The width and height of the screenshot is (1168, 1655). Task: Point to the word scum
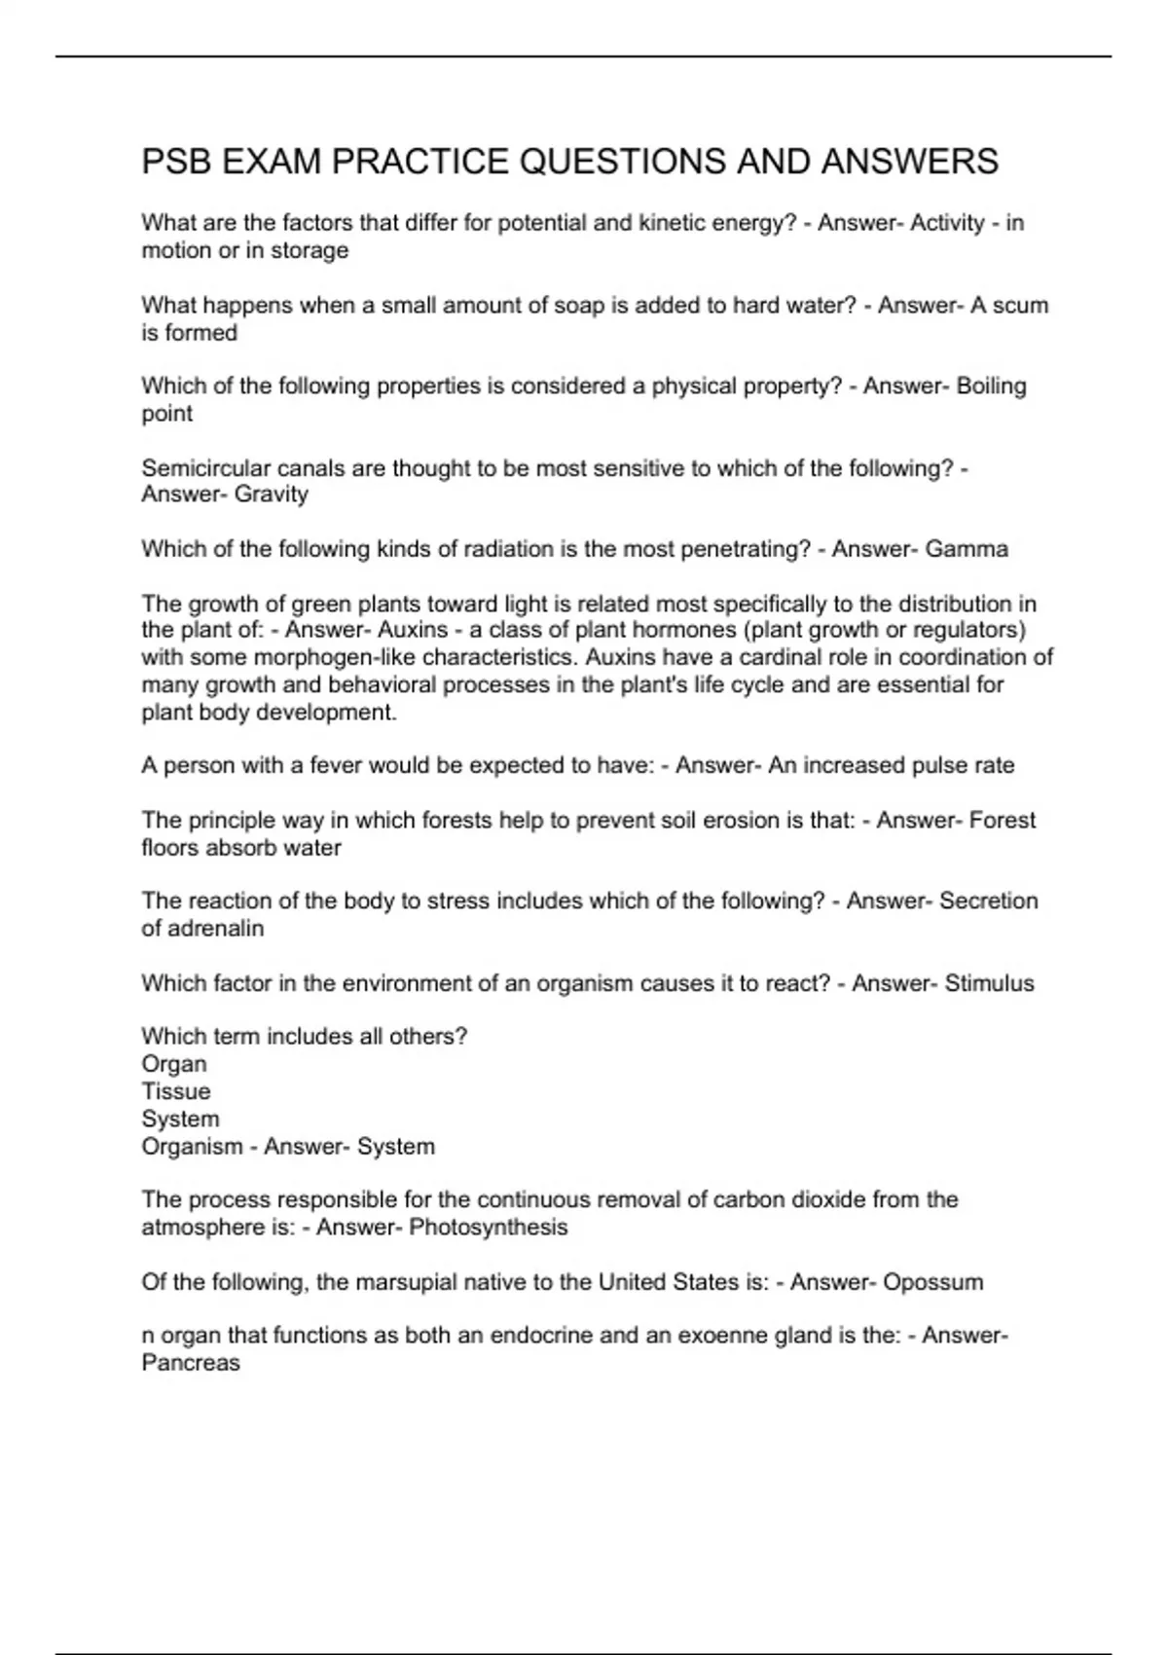[1021, 305]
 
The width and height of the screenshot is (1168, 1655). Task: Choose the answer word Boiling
[991, 386]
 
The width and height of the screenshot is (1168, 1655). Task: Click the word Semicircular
[205, 468]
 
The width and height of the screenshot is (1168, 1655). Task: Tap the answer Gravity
[272, 495]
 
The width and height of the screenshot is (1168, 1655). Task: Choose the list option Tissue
[176, 1091]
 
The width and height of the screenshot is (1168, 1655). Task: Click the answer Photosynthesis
[488, 1227]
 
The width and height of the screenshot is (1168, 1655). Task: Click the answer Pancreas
[191, 1362]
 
